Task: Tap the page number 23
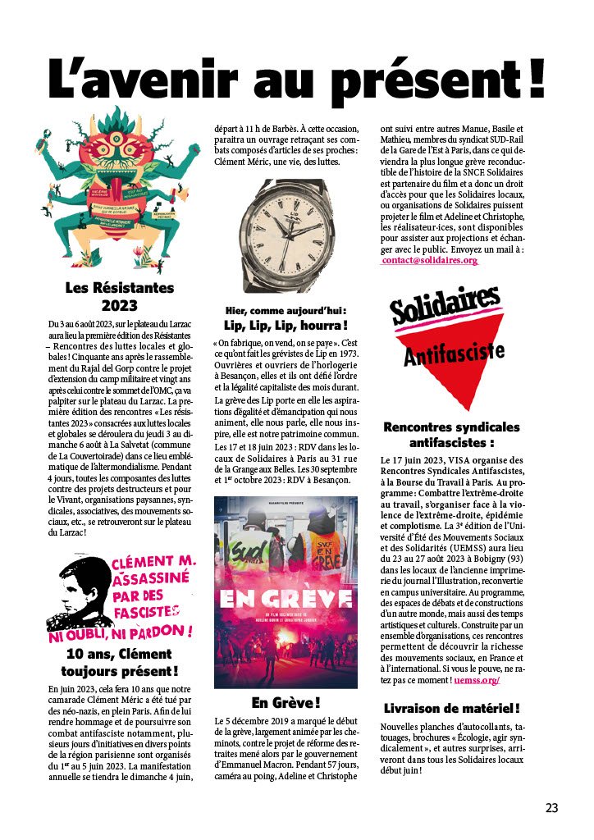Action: (551, 808)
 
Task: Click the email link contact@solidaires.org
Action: (429, 260)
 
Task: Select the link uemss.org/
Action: (476, 680)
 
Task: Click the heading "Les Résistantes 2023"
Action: (120, 297)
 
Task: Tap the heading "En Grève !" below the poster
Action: (285, 703)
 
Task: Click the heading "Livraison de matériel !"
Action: (452, 708)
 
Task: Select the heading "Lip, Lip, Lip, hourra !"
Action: (286, 325)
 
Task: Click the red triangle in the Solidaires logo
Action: (452, 377)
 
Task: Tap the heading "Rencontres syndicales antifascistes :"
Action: (452, 436)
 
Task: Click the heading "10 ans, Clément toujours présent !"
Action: (120, 663)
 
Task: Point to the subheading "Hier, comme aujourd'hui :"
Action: (286, 310)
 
